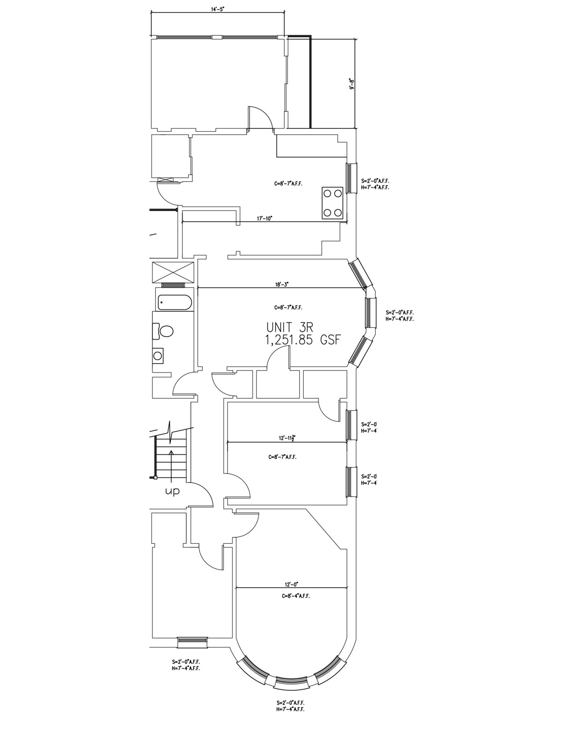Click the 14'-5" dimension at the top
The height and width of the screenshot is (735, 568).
(x=218, y=10)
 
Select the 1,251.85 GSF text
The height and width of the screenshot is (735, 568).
(x=302, y=340)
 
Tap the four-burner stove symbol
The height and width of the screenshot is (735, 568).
(x=332, y=203)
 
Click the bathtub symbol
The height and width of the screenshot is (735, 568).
(x=174, y=303)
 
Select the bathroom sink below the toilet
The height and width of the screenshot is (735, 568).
(x=158, y=356)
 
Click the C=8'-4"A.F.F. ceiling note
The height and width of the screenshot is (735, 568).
(x=295, y=596)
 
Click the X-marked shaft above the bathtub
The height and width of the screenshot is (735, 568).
(x=173, y=272)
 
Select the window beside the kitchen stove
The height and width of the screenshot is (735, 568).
(x=351, y=178)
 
